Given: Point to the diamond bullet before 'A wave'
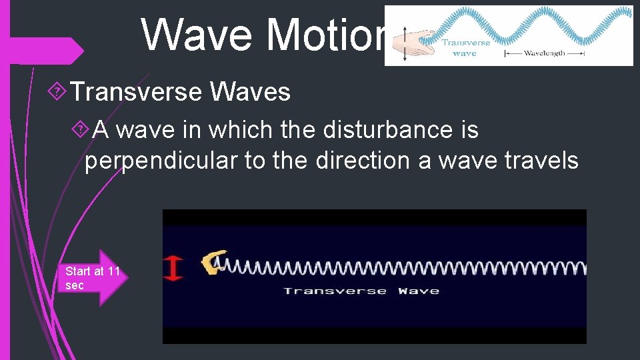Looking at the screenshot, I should point(84,129).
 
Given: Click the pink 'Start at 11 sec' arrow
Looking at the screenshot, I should point(93,278).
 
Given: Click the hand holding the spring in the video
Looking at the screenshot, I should point(214,263).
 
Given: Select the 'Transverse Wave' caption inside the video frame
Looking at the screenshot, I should point(361,291).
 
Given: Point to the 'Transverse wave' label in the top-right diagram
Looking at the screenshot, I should point(465,48).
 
